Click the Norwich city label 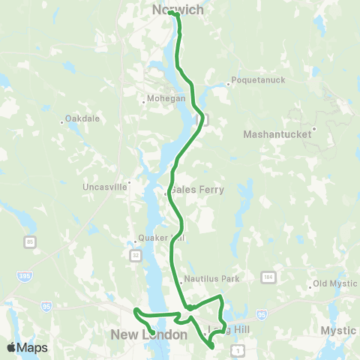tap(178, 10)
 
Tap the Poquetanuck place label tap(254, 85)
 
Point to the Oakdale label tap(82, 118)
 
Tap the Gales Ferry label tap(196, 190)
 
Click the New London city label tap(148, 334)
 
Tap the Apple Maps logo tap(27, 347)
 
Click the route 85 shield tap(29, 241)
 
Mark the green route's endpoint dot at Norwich tap(172, 12)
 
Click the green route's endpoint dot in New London tap(152, 331)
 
